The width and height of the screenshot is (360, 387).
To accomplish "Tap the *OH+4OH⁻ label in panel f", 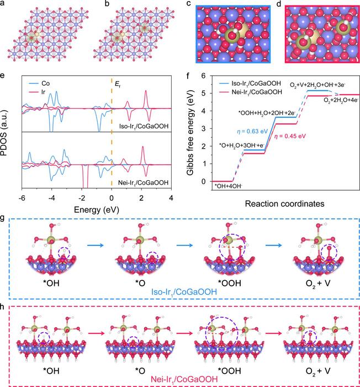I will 229,187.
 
